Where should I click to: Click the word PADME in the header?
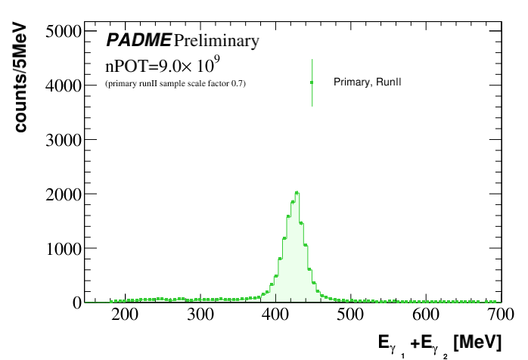point(138,40)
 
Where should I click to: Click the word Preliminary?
point(216,40)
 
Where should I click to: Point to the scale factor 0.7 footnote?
point(175,82)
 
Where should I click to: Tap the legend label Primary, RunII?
point(367,82)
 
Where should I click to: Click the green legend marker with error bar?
point(312,82)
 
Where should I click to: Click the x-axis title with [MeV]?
point(439,343)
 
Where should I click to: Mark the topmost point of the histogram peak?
point(297,192)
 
